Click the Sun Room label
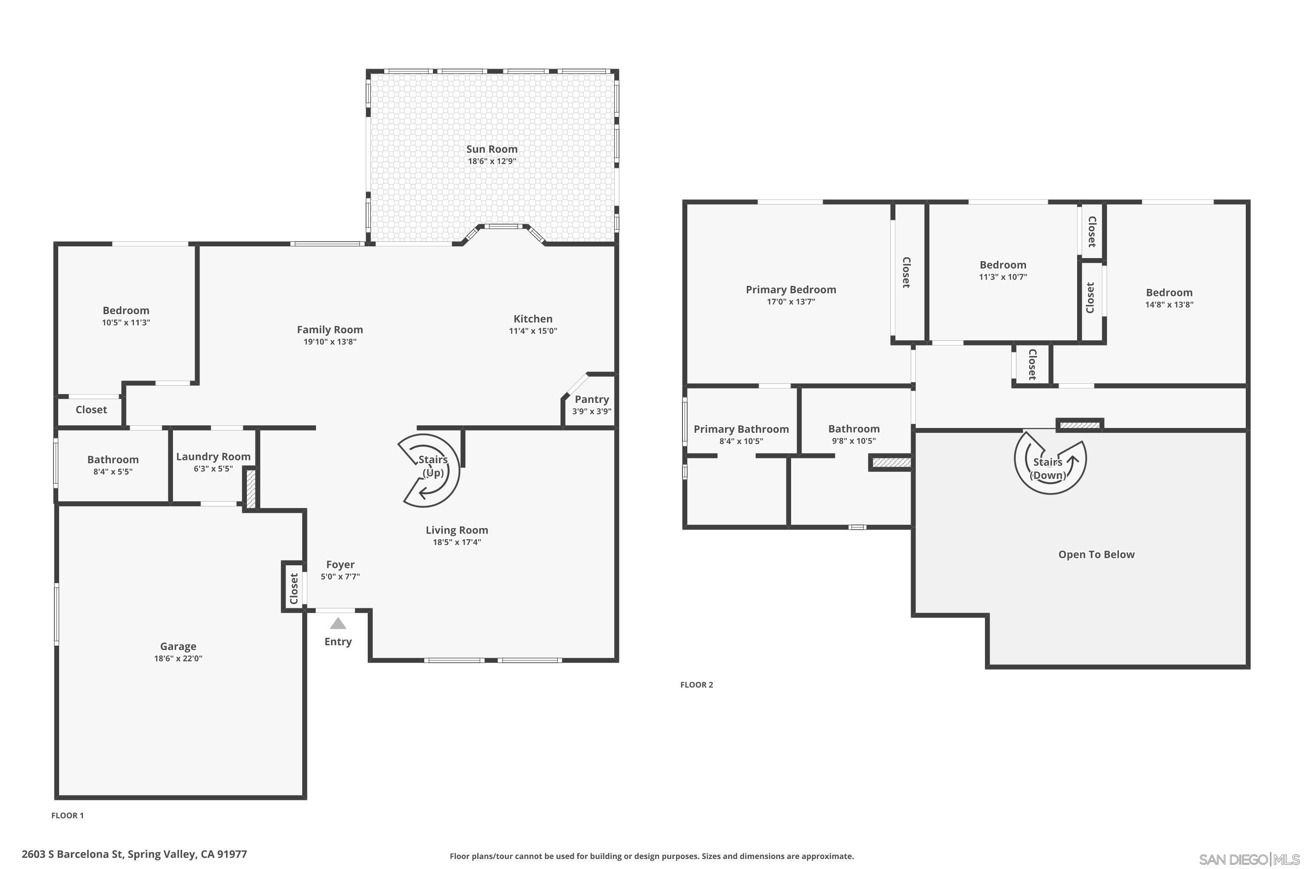(x=492, y=149)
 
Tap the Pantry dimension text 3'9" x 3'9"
(x=592, y=411)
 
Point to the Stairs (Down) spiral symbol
(x=1050, y=460)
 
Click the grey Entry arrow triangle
(x=338, y=624)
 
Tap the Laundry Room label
(x=213, y=457)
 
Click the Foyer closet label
(x=294, y=589)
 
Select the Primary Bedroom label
(x=791, y=289)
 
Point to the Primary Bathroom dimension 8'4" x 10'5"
(x=741, y=441)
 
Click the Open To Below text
(x=1096, y=555)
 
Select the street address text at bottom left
(x=134, y=854)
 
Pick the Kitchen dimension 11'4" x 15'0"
(x=533, y=331)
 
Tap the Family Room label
(x=330, y=330)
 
